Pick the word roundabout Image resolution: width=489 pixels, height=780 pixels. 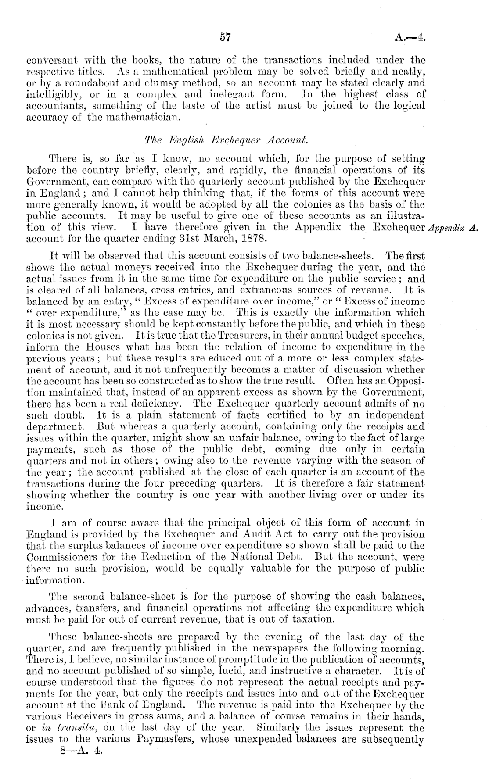coord(88,83)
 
